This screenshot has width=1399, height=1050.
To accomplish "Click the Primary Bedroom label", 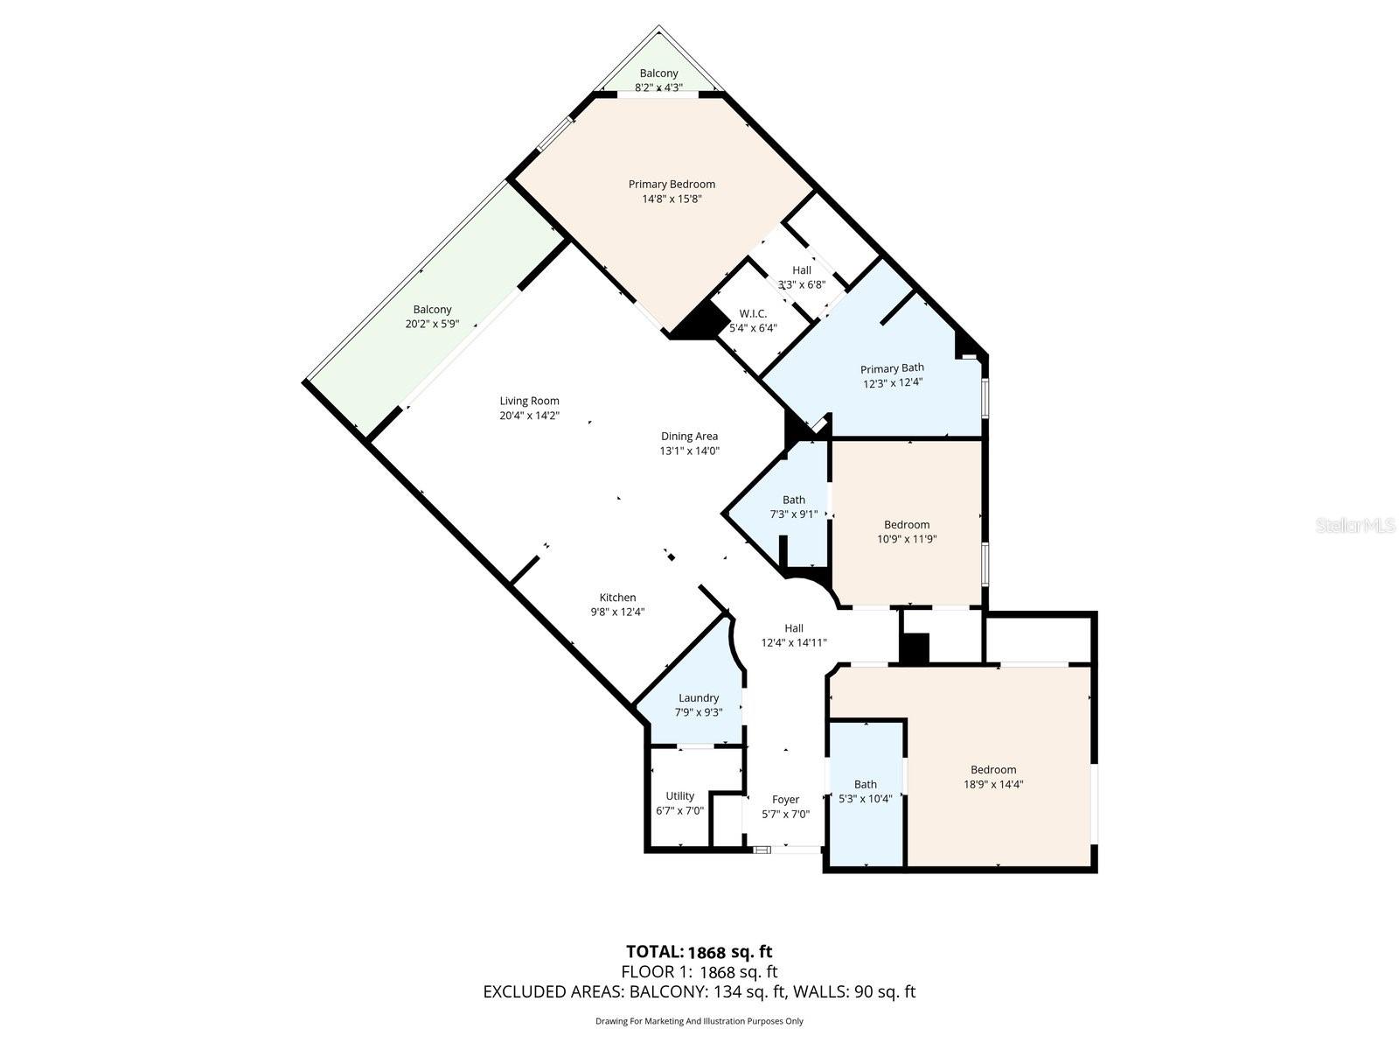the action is [x=672, y=185].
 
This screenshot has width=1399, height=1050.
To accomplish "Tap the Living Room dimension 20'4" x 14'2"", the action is [x=529, y=416].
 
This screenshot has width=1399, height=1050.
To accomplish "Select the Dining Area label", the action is [x=689, y=436].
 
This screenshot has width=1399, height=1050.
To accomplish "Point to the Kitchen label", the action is [x=617, y=598].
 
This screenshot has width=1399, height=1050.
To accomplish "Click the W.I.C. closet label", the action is [x=753, y=313].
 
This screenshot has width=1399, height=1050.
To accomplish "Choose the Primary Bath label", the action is [x=892, y=368].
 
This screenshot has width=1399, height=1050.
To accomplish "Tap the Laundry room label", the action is [x=699, y=698].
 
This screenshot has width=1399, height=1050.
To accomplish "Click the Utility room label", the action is [x=679, y=795].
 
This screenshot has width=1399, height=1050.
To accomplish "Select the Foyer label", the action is [x=785, y=800].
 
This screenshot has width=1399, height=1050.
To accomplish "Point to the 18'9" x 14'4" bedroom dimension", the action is [x=993, y=785].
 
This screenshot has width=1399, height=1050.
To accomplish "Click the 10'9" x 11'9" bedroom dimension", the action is [x=907, y=539].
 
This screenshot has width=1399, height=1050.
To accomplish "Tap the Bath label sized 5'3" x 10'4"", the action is [x=865, y=784].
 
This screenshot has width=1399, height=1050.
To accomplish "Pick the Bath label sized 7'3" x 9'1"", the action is [x=794, y=500].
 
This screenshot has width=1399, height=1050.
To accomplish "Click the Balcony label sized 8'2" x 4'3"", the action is [x=658, y=73].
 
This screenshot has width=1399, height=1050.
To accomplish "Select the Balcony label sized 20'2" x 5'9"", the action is [x=432, y=310].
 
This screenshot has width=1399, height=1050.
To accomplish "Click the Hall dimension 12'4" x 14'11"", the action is [x=794, y=642].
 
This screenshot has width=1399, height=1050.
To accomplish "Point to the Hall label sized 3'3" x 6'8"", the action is [x=801, y=270].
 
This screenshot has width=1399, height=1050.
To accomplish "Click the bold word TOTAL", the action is [x=655, y=952].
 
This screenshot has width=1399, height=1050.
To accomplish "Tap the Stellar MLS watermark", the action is [x=1355, y=526].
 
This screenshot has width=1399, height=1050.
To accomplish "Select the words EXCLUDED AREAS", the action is [x=553, y=991].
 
